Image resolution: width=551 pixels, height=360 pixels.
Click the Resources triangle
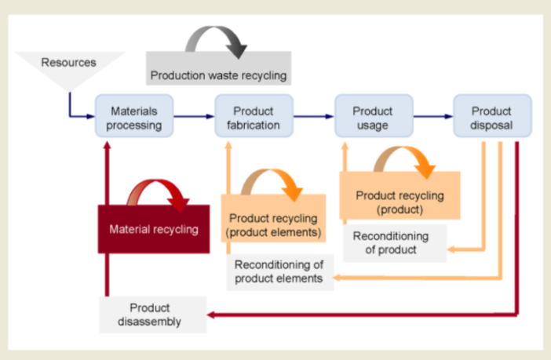point(70,67)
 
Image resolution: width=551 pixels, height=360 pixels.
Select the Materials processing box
point(135,118)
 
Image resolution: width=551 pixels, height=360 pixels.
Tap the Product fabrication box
point(254,118)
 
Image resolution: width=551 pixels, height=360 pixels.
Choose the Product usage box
point(373,118)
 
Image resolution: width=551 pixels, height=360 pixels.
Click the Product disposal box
point(492,118)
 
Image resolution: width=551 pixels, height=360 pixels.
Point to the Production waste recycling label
point(219,75)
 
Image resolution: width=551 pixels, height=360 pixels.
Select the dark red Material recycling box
point(154,229)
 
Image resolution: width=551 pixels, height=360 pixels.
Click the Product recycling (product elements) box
point(273,224)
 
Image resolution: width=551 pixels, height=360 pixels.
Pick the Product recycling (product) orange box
point(400,202)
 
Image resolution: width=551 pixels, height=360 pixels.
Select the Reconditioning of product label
point(391,243)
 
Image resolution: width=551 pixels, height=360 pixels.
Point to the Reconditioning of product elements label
point(279,271)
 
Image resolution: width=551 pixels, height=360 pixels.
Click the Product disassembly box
point(155,315)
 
